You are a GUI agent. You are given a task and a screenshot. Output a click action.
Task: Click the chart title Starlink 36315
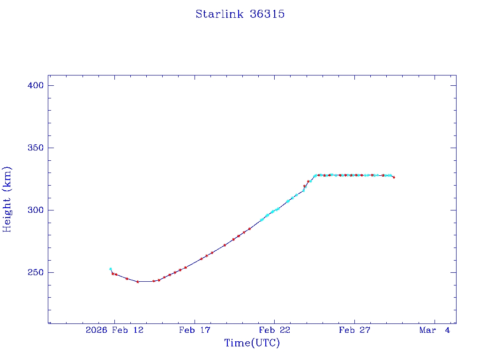[240, 14]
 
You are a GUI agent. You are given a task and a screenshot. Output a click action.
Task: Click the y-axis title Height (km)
[7, 199]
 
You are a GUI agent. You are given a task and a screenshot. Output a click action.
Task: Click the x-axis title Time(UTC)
[252, 343]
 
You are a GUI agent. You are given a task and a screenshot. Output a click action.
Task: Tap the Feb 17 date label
[194, 330]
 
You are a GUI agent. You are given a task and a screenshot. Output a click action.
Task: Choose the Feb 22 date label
[274, 330]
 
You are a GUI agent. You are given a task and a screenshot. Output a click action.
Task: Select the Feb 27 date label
[354, 330]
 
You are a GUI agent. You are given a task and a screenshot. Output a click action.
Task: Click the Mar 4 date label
[435, 330]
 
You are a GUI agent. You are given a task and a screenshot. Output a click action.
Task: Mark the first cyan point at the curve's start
[111, 269]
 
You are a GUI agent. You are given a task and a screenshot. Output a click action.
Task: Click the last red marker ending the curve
[394, 177]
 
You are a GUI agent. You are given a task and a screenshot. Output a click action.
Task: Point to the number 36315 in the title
[267, 14]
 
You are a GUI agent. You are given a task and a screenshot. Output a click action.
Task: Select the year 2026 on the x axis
[96, 330]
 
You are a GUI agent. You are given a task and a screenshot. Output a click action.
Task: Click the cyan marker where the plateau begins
[315, 175]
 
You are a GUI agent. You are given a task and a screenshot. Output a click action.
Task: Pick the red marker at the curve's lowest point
[138, 282]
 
